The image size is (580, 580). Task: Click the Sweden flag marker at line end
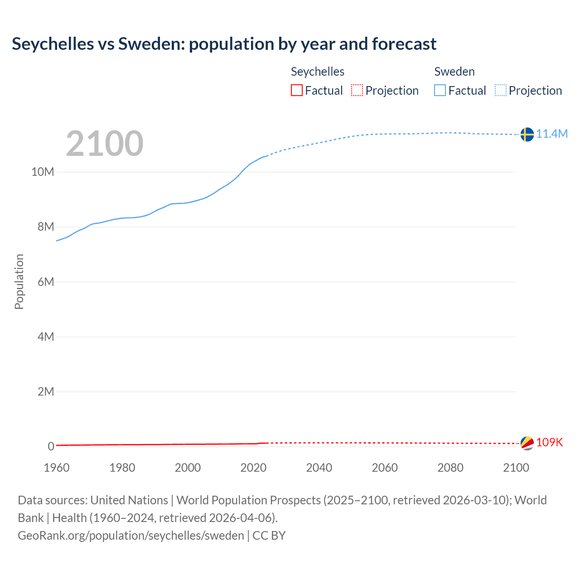(527, 135)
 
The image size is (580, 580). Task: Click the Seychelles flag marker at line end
(527, 443)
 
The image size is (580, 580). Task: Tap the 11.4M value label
(552, 134)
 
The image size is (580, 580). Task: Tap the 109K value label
(549, 443)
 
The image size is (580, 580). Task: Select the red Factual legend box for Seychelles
(296, 91)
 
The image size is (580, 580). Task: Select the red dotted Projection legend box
(357, 91)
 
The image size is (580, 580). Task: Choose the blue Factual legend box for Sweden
(440, 91)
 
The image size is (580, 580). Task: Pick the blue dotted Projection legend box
(500, 91)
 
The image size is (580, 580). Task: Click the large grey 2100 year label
(105, 144)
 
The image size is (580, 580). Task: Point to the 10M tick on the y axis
(43, 172)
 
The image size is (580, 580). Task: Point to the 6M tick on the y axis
(46, 282)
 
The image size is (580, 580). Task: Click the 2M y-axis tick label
(46, 391)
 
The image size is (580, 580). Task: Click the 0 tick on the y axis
(51, 447)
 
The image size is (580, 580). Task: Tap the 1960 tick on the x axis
(57, 468)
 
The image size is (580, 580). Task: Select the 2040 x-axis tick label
(319, 468)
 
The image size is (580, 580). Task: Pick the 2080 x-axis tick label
(450, 468)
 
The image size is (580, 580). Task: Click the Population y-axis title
(19, 282)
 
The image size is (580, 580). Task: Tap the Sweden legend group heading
(454, 72)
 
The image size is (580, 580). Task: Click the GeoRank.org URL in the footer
(131, 536)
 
